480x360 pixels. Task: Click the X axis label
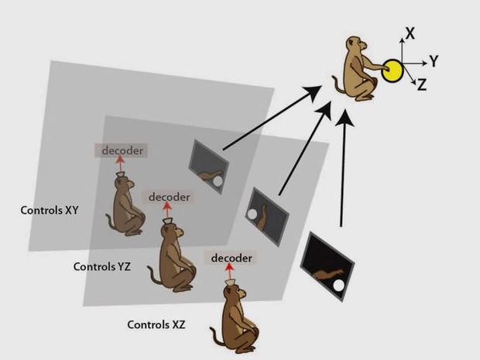pyautogui.click(x=410, y=33)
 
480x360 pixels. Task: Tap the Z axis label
pyautogui.click(x=422, y=86)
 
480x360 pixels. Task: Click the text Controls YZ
pyautogui.click(x=101, y=266)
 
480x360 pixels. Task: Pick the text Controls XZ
pyautogui.click(x=156, y=324)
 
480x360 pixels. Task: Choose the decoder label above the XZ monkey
pyautogui.click(x=231, y=256)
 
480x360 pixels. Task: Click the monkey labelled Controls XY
pyautogui.click(x=126, y=206)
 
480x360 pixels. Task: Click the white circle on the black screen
pyautogui.click(x=338, y=288)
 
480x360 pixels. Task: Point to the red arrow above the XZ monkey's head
pyautogui.click(x=228, y=273)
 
